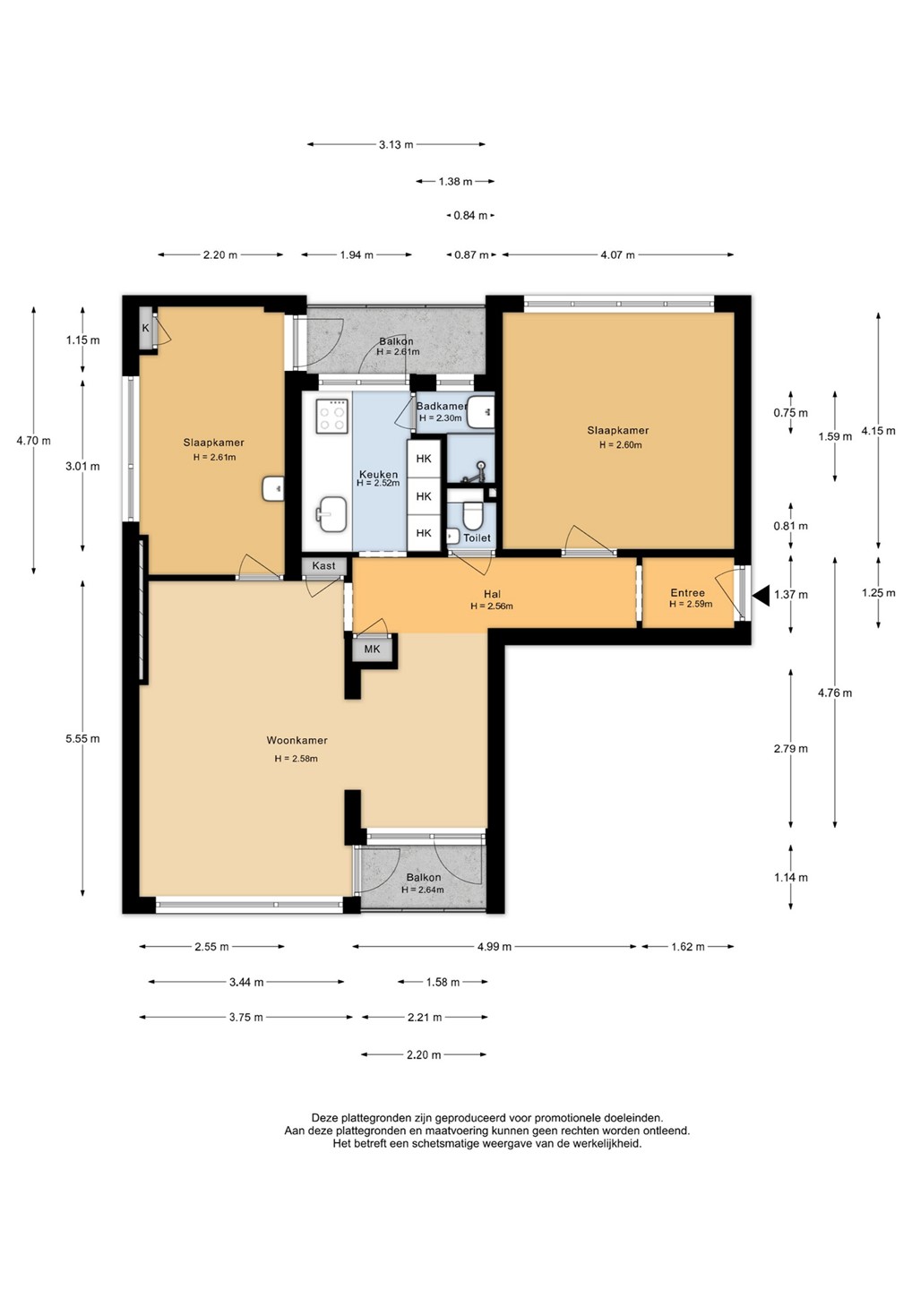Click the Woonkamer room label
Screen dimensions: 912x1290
click(x=297, y=740)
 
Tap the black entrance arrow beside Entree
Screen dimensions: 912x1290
click(x=761, y=596)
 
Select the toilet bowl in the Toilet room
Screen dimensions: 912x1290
click(x=472, y=515)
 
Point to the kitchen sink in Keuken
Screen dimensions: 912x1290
click(x=331, y=513)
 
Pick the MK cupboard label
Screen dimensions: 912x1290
click(x=372, y=649)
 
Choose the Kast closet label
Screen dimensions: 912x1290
click(x=323, y=565)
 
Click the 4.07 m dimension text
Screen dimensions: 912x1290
click(x=617, y=254)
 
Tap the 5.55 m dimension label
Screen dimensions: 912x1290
click(x=82, y=738)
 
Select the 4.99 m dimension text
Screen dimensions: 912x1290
click(x=494, y=946)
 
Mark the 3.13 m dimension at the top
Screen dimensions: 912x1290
click(x=396, y=144)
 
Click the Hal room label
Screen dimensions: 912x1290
click(x=492, y=594)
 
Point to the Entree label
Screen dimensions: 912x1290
click(x=687, y=593)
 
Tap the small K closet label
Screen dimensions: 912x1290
click(x=146, y=328)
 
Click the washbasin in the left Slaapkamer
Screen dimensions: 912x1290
click(x=273, y=489)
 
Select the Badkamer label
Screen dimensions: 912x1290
click(x=442, y=406)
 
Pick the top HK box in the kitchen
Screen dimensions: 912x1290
click(x=424, y=459)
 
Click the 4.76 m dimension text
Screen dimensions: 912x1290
click(x=835, y=692)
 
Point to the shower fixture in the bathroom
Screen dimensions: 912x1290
click(x=476, y=471)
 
